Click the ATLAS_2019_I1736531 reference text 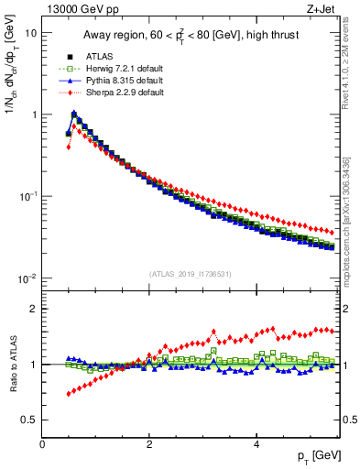coord(191,274)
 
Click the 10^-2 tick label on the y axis coord(28,278)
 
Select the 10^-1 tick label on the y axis coord(28,197)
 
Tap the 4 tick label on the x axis coord(256,443)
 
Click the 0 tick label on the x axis coord(42,443)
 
